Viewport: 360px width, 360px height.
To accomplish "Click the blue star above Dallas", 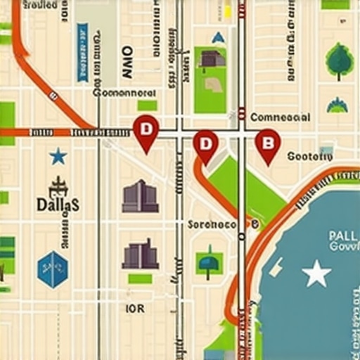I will coord(58,156).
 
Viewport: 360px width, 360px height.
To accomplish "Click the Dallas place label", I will coord(58,204).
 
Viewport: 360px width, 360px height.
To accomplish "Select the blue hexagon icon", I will coord(53,269).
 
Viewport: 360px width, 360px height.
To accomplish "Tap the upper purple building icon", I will coord(140,196).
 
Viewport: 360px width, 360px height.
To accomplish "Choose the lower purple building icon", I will coord(140,254).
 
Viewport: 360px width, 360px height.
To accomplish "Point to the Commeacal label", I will coord(280,117).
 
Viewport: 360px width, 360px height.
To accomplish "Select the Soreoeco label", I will coord(212,224).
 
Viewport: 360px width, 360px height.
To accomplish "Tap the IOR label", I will coord(135,308).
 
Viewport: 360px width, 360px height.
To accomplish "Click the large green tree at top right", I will coord(339,60).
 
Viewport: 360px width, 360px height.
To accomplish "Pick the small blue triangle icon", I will coord(219,37).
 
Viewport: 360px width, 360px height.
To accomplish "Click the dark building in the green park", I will coord(212,58).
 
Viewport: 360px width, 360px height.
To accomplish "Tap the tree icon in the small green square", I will coord(209,264).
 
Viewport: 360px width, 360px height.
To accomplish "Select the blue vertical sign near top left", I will coord(82,41).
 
